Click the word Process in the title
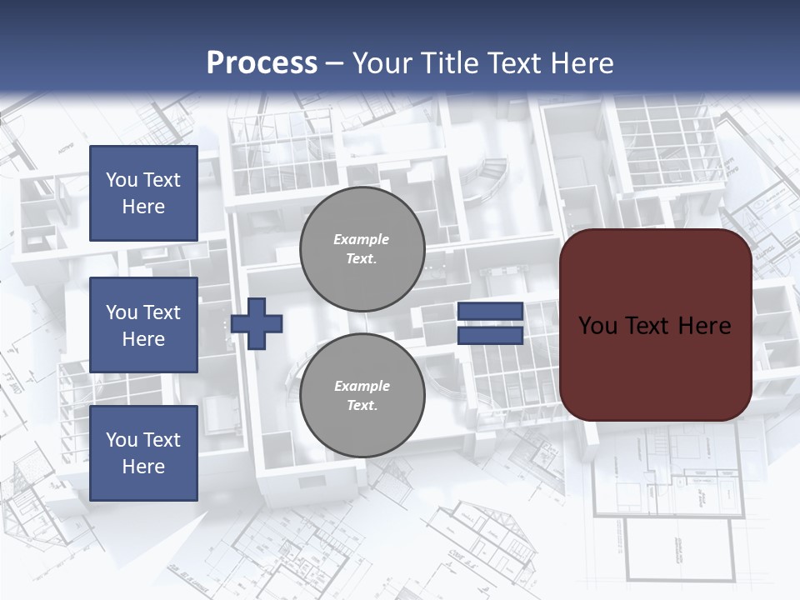(x=262, y=63)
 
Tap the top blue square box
(x=143, y=193)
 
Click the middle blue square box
(x=143, y=325)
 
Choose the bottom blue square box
(x=143, y=453)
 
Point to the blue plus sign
(x=257, y=323)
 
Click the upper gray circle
(x=362, y=249)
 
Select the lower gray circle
(x=362, y=396)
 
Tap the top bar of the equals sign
(x=491, y=311)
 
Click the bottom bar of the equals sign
(x=491, y=335)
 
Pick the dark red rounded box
(x=656, y=325)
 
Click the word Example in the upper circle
(x=362, y=239)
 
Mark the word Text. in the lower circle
(x=362, y=406)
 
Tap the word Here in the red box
(x=704, y=326)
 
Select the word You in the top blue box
(x=120, y=180)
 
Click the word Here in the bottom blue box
(x=143, y=467)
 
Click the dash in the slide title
(x=335, y=63)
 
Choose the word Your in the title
(x=382, y=63)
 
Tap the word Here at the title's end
(x=584, y=63)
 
